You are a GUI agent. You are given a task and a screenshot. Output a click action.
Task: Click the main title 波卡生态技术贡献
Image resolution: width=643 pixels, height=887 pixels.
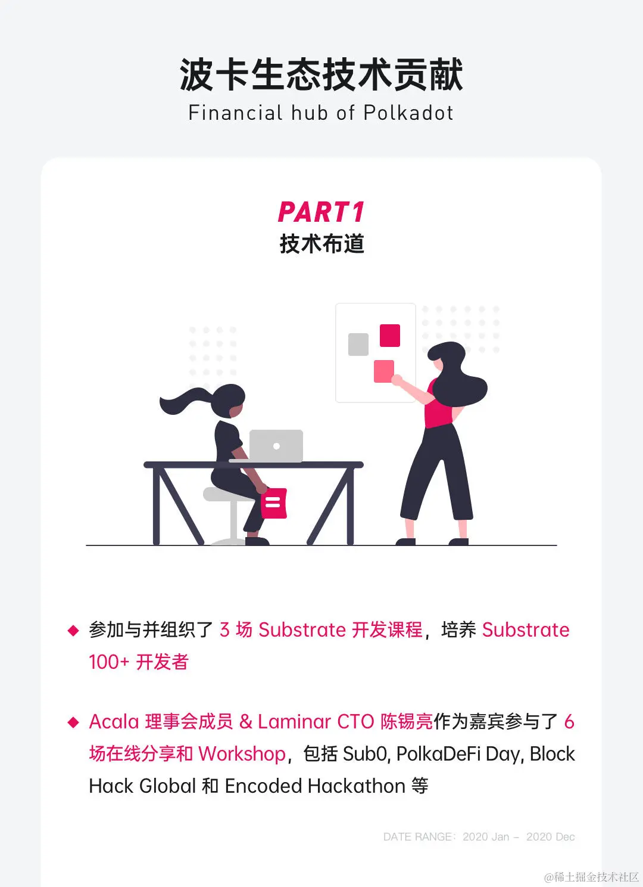click(x=321, y=75)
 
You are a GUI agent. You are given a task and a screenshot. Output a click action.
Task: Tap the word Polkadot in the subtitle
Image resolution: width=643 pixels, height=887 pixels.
click(x=408, y=113)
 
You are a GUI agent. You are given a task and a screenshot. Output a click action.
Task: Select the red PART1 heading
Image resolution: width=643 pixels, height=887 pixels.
click(x=321, y=212)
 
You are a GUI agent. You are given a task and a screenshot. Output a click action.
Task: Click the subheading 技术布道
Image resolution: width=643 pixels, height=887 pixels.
click(x=321, y=244)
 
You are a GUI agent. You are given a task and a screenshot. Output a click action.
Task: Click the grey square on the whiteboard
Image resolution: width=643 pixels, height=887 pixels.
click(x=358, y=345)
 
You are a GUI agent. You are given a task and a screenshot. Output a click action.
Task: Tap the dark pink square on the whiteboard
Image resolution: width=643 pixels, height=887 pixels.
click(x=390, y=335)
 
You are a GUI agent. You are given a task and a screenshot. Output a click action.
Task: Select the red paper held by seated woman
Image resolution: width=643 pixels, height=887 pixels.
click(x=274, y=503)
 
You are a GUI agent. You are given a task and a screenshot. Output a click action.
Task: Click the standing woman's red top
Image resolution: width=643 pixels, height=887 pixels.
click(x=439, y=411)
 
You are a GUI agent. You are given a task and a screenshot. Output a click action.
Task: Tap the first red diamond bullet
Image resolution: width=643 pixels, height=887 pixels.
click(x=73, y=630)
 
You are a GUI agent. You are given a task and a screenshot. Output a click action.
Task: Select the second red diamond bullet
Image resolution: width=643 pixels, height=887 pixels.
click(x=73, y=722)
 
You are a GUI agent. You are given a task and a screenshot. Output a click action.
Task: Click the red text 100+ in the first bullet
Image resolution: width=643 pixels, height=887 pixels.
click(x=108, y=662)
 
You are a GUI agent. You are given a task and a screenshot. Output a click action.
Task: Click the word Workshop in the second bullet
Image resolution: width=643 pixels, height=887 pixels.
click(x=242, y=754)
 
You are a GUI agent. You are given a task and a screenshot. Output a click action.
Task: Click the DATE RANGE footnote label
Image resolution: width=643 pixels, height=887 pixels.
click(x=417, y=837)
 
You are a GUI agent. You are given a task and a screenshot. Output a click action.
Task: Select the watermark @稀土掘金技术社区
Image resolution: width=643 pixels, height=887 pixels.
click(x=591, y=877)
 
